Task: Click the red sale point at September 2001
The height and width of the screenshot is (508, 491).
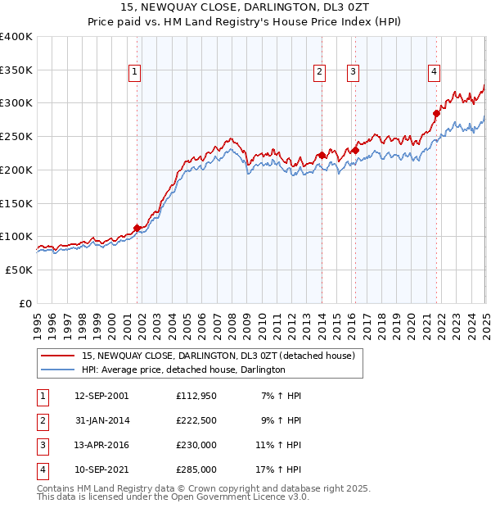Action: point(137,228)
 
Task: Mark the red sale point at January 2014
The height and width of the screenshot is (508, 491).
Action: point(322,155)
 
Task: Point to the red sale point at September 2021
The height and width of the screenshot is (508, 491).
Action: point(436,113)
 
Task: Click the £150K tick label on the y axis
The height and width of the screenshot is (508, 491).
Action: point(16,202)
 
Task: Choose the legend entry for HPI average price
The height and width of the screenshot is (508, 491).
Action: point(182,370)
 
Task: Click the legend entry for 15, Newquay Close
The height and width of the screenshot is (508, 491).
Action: point(218,356)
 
